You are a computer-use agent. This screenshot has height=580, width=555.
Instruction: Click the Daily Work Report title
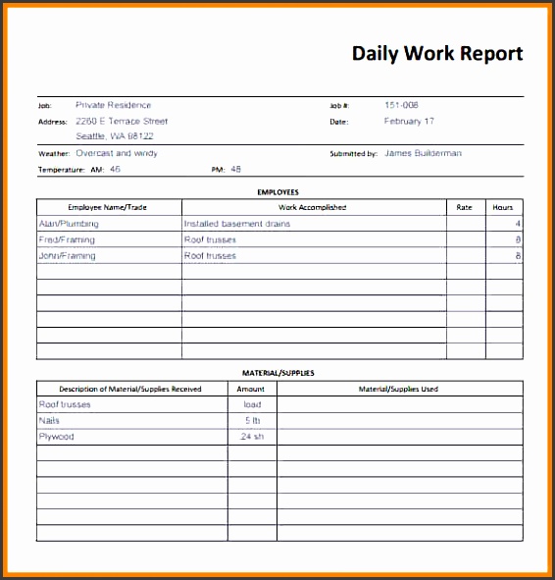coord(437,54)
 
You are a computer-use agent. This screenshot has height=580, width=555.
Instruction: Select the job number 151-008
coord(402,105)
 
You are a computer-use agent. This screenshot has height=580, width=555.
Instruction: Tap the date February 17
coord(409,122)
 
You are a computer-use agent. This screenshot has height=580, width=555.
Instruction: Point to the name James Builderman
coord(423,153)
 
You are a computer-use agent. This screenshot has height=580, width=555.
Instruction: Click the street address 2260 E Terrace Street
coord(122,122)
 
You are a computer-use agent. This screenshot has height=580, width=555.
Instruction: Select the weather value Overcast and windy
coord(117,153)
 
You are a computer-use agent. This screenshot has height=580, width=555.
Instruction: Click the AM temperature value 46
coord(115,169)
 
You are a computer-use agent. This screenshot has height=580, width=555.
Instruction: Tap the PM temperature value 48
coord(235,169)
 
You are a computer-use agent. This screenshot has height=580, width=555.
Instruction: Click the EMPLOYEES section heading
coord(277,192)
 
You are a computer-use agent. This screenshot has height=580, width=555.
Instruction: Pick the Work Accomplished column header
coord(313,208)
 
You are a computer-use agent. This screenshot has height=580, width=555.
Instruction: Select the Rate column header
coord(465,208)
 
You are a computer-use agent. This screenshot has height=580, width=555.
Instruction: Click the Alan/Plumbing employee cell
coord(69,224)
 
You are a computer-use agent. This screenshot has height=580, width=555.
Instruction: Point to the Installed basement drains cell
coord(237,224)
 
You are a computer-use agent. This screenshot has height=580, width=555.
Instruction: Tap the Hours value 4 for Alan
coord(518,224)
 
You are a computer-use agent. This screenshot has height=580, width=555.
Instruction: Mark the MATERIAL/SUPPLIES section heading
coord(277,373)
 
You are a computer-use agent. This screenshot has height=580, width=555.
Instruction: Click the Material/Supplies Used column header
coord(398,389)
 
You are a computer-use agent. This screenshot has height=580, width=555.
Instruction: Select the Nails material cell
coord(50,420)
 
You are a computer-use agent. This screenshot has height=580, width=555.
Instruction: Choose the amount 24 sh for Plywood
coord(252,436)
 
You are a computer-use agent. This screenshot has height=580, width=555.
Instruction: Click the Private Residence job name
coord(114,105)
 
